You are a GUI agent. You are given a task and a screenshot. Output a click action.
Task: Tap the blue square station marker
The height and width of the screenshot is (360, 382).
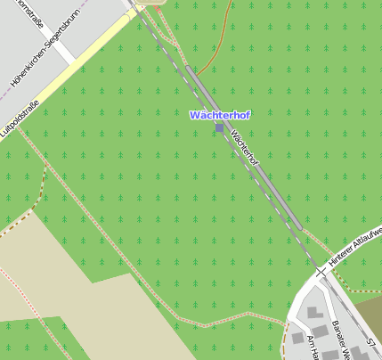tap(219, 128)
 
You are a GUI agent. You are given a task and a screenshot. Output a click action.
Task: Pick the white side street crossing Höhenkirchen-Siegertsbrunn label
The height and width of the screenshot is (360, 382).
tap(64, 53)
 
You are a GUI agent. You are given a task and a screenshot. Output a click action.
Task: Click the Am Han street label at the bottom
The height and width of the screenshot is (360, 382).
tap(313, 348)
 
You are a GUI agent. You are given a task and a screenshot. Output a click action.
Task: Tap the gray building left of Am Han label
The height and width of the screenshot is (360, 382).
tap(297, 337)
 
